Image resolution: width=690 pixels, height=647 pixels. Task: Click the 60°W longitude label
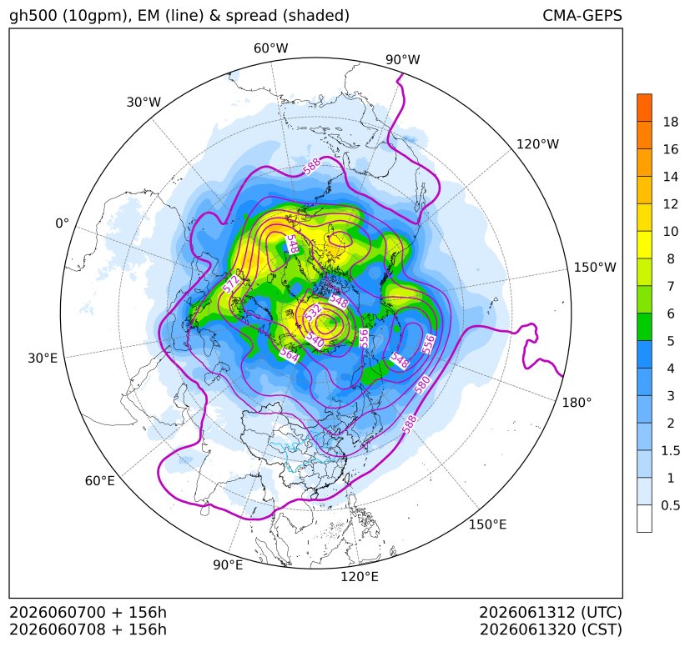point(270,48)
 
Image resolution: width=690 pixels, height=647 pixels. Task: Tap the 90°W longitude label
point(403,59)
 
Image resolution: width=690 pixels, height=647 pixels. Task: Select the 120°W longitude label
point(537,144)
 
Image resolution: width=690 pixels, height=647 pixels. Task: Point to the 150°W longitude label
point(595,268)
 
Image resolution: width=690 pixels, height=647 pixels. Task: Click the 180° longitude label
point(577,403)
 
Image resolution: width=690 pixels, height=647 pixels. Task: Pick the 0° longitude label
point(63,223)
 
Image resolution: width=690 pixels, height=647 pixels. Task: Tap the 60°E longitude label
point(100,481)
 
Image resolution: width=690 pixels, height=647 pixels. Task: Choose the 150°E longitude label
point(487,524)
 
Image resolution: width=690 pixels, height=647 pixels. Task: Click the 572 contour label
point(231,283)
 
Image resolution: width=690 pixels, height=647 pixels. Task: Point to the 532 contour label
point(314,313)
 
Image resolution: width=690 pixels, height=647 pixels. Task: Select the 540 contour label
point(315,339)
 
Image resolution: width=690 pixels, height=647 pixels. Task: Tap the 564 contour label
point(289,355)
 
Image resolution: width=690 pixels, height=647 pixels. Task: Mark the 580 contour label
point(422,385)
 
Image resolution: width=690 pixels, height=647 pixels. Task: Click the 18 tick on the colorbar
point(671,123)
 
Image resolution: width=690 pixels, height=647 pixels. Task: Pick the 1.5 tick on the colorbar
point(670,450)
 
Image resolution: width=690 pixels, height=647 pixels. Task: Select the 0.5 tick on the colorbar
point(670,505)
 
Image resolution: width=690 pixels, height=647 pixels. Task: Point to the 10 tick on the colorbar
point(671,231)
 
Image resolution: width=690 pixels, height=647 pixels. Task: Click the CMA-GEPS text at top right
point(582,15)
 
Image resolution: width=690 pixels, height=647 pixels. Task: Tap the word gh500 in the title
point(33,16)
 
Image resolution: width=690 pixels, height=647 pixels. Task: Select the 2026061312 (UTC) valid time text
point(551,612)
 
